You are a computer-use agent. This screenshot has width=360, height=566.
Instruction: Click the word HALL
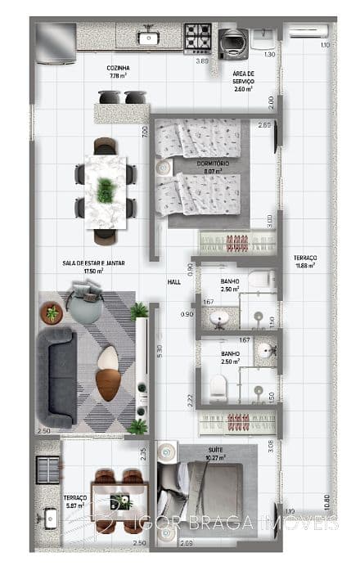(x=173, y=281)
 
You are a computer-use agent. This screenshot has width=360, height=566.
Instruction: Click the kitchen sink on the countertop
(x=148, y=36)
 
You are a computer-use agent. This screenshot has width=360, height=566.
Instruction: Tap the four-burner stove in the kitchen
(x=197, y=36)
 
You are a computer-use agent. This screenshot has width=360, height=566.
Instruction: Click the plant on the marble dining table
(x=106, y=191)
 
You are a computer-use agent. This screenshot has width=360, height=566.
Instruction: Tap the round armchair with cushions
(x=83, y=304)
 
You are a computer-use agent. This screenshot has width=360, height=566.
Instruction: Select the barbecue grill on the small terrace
(x=48, y=470)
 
